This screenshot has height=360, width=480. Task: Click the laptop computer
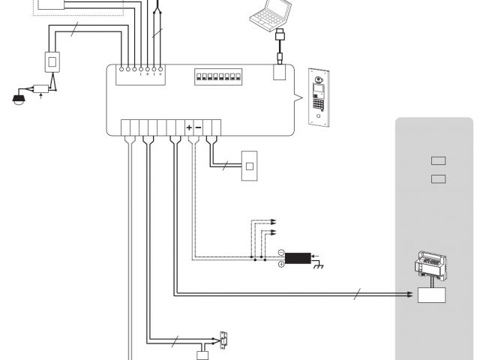[x=270, y=14]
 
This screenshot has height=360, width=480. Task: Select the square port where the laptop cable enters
[x=279, y=73]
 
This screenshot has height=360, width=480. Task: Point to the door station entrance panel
[x=320, y=96]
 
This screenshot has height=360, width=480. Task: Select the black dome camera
[x=19, y=97]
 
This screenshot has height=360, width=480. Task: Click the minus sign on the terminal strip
[x=198, y=127]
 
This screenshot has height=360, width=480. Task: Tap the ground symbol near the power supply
[x=317, y=266]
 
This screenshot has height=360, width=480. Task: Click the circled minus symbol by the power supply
[x=280, y=253]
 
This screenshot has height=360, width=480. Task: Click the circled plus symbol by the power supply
[x=280, y=264]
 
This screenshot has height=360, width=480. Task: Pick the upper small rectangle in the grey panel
[x=439, y=160]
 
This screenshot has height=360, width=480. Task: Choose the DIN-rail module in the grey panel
[x=430, y=266]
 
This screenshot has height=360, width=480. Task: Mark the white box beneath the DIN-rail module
[x=431, y=294]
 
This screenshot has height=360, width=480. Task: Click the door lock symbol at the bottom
[x=223, y=339]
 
